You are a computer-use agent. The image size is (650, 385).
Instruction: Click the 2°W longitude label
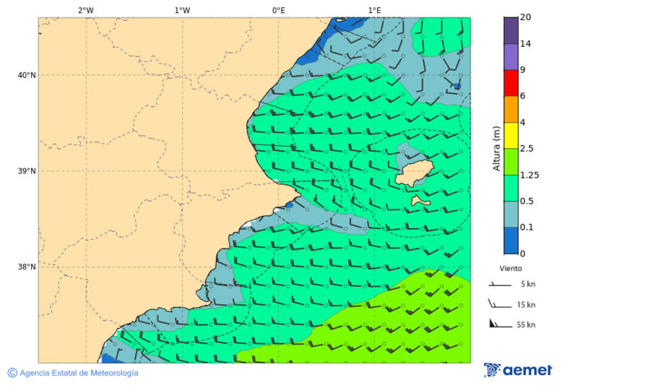coord(85,10)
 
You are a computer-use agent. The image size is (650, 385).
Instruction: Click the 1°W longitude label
coord(182,10)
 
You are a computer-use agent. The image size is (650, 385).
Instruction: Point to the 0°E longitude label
coord(278,10)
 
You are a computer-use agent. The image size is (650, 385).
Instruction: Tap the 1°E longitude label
coord(374,10)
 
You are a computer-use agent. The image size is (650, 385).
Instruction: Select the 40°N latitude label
coord(27,75)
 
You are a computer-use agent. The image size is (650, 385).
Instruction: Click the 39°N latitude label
coord(27,171)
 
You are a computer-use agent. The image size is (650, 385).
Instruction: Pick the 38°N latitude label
coord(27,267)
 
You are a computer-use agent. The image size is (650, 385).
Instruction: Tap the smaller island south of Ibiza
coord(420,201)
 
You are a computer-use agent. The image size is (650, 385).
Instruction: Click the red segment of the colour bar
coord(511,83)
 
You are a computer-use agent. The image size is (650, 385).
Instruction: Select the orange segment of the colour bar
coord(511,109)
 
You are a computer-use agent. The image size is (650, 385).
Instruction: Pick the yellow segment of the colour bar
coord(511,135)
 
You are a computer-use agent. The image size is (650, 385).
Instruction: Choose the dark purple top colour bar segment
coord(511,30)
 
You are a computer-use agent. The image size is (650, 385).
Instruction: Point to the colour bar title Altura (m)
coord(496,148)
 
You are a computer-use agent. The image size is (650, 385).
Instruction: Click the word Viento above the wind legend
coord(511,268)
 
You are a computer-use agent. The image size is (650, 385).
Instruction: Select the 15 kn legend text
coord(526,305)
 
